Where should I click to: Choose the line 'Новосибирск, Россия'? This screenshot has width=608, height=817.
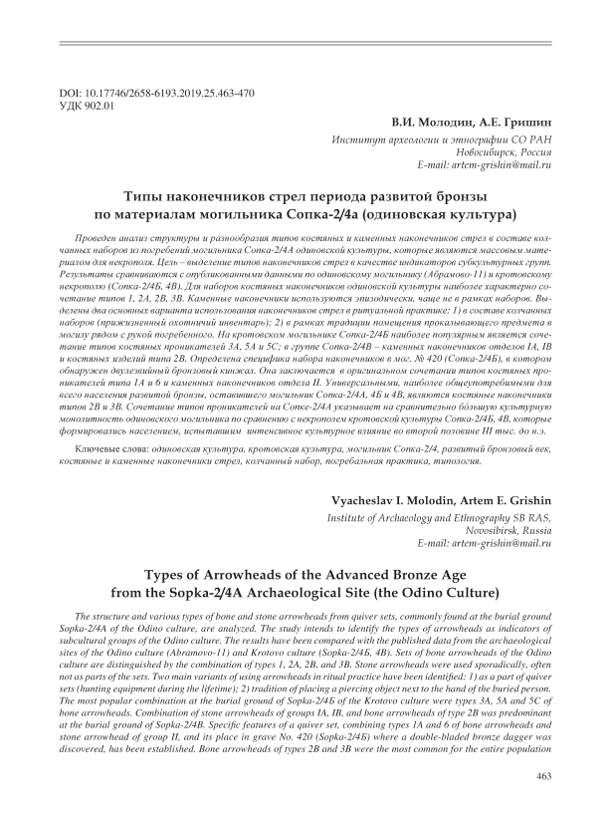(497, 152)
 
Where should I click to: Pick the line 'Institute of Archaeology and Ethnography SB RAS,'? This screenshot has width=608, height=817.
(439, 518)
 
